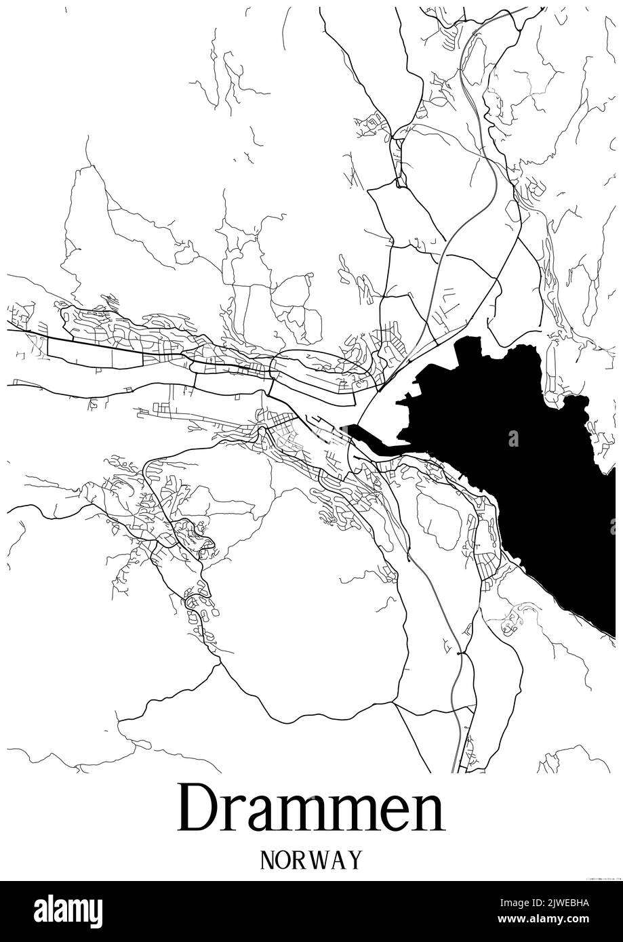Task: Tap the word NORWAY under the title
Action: point(311,860)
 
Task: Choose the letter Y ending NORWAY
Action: point(354,860)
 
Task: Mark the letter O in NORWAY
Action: point(284,860)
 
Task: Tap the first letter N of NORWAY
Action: point(267,860)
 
